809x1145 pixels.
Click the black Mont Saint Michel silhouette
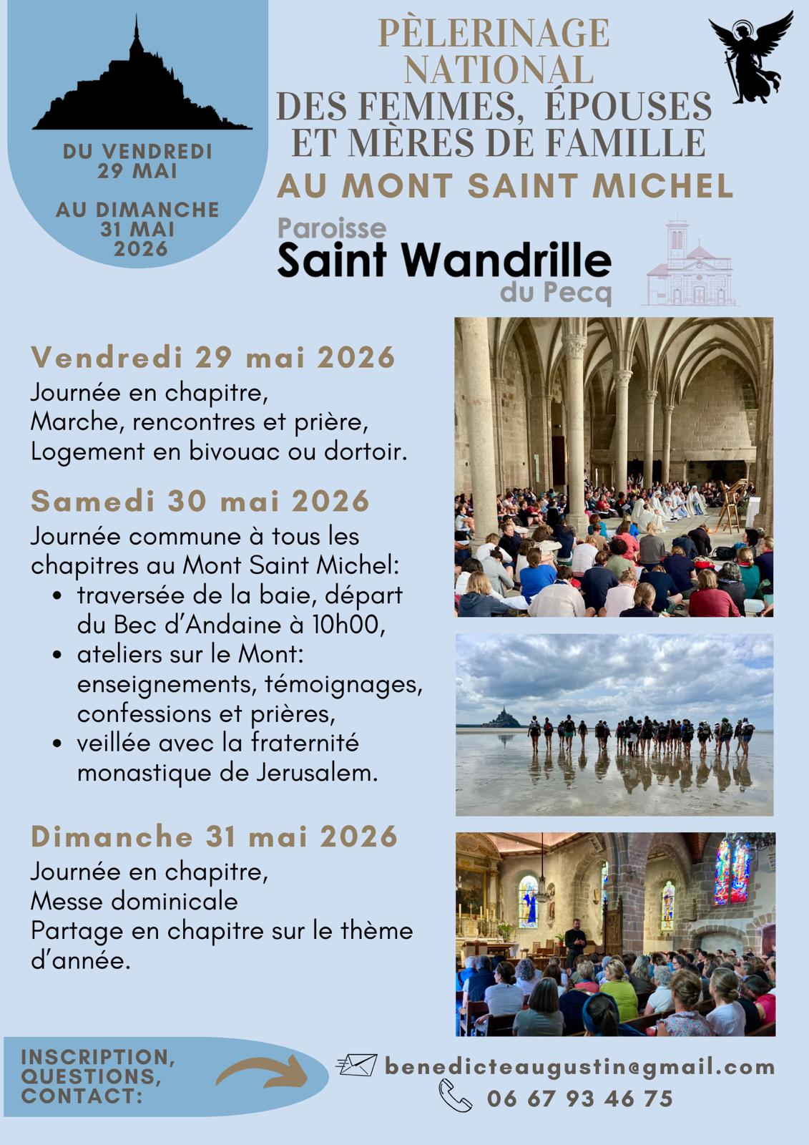pos(139,93)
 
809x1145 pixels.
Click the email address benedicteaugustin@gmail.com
pos(579,1067)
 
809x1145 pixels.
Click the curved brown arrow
pos(261,1072)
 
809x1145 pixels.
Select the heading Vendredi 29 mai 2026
pos(213,357)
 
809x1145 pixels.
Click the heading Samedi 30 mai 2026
pos(200,501)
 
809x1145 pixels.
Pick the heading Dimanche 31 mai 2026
pos(214,837)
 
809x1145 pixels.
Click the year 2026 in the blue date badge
pos(140,248)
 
